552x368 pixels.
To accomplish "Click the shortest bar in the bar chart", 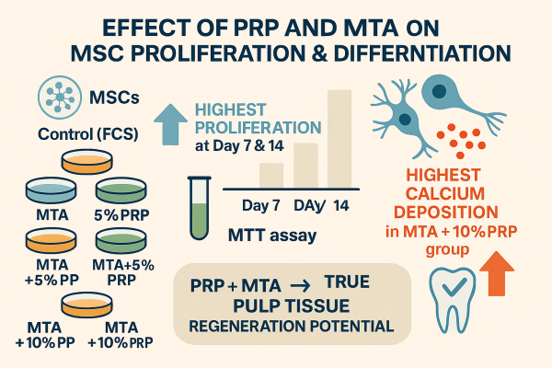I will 270,175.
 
